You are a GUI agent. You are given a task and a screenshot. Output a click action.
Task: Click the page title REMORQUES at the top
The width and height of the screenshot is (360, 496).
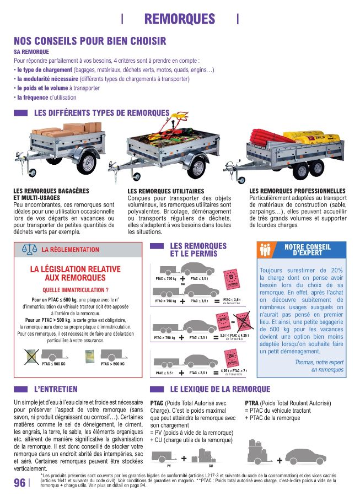(179, 19)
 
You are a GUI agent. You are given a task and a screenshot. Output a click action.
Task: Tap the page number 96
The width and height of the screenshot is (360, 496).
(19, 483)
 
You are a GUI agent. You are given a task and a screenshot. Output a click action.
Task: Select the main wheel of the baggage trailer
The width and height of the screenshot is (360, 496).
(87, 162)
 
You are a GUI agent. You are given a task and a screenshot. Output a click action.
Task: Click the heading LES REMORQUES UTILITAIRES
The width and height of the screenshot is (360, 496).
(165, 191)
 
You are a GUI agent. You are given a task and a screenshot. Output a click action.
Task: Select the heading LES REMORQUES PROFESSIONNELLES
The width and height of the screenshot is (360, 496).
(297, 191)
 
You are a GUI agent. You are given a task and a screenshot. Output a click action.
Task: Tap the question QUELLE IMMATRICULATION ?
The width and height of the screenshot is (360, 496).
(75, 290)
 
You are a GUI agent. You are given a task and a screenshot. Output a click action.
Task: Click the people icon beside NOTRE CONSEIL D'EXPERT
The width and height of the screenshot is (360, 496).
(266, 250)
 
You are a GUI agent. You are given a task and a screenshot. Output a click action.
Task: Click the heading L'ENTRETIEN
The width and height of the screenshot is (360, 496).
(56, 389)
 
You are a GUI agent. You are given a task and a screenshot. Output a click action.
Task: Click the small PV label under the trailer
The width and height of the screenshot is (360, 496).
(161, 466)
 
